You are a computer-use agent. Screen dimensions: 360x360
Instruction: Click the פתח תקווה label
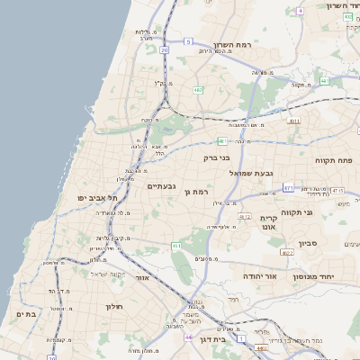tap(334, 160)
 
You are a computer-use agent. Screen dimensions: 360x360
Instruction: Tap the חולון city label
tap(100, 306)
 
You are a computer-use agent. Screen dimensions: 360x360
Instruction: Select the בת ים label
tap(25, 314)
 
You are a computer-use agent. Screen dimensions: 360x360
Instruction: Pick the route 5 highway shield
tap(188, 41)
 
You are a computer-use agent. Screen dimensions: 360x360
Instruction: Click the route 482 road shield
tap(197, 89)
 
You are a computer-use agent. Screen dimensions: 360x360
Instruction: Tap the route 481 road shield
tap(221, 140)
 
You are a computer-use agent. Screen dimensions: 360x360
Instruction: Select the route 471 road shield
tap(288, 187)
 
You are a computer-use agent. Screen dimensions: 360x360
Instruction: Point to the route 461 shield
tap(176, 246)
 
